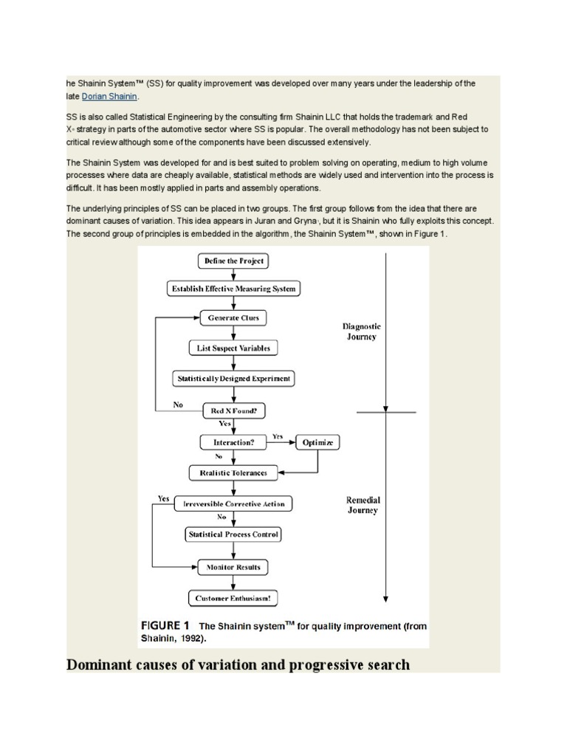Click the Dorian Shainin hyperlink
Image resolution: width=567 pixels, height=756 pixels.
109,96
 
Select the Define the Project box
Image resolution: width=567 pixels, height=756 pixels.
233,261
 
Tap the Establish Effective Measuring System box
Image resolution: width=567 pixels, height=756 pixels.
233,289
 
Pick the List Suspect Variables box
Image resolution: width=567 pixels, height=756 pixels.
233,348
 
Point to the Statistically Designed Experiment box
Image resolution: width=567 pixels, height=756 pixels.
233,379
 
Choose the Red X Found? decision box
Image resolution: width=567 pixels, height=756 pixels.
233,410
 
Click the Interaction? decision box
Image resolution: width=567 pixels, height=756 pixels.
233,442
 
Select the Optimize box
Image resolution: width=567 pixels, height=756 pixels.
318,442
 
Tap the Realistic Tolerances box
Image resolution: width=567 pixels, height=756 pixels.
233,472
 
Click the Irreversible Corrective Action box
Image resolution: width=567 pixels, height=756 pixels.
233,504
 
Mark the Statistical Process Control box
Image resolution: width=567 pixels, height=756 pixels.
233,534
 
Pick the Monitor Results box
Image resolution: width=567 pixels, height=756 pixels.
233,567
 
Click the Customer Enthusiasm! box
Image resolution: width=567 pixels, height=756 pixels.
233,598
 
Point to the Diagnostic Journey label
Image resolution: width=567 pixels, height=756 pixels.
362,331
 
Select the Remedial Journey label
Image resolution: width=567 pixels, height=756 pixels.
362,505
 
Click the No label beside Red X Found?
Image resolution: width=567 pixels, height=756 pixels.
178,405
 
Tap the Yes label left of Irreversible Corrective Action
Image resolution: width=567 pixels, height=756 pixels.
163,498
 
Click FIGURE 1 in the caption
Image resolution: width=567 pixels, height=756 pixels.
165,625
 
